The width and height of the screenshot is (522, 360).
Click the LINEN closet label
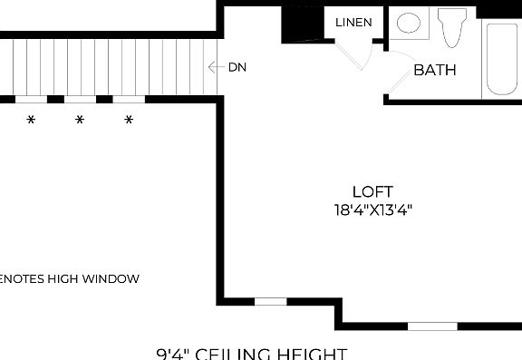[353, 23]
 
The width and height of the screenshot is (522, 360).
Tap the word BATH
[435, 70]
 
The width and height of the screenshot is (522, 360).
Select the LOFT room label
[372, 191]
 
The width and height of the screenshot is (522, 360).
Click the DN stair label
[237, 67]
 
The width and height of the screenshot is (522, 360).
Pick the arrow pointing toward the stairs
[215, 67]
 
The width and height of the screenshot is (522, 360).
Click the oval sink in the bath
[410, 23]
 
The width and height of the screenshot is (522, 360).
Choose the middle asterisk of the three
[79, 120]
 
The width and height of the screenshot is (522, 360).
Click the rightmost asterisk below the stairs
[129, 120]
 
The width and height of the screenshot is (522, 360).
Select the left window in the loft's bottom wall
[270, 301]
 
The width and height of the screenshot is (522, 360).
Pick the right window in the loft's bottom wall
[432, 326]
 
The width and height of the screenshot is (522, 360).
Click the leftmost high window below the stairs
[31, 99]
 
